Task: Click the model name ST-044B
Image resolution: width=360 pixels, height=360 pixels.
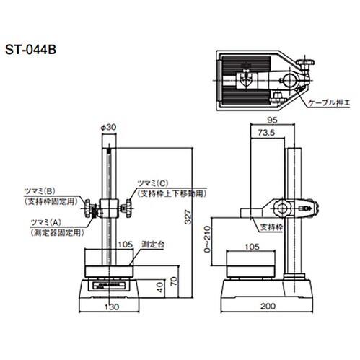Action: pos(31,50)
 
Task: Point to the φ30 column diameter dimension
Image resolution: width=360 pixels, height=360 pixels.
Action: pos(108,127)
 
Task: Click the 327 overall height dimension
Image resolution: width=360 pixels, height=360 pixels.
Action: pos(188,217)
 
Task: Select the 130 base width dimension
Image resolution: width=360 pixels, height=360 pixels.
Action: pos(112,307)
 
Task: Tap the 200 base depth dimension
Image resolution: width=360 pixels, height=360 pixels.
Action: pos(268,306)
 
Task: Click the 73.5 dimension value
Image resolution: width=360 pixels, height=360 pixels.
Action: pos(266,133)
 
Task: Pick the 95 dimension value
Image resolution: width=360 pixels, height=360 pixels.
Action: pos(272,120)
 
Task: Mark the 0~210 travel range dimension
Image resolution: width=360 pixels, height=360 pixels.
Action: pos(207,239)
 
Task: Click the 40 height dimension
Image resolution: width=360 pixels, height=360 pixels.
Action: pos(159,287)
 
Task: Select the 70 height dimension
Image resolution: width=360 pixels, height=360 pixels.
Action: pos(174,281)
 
